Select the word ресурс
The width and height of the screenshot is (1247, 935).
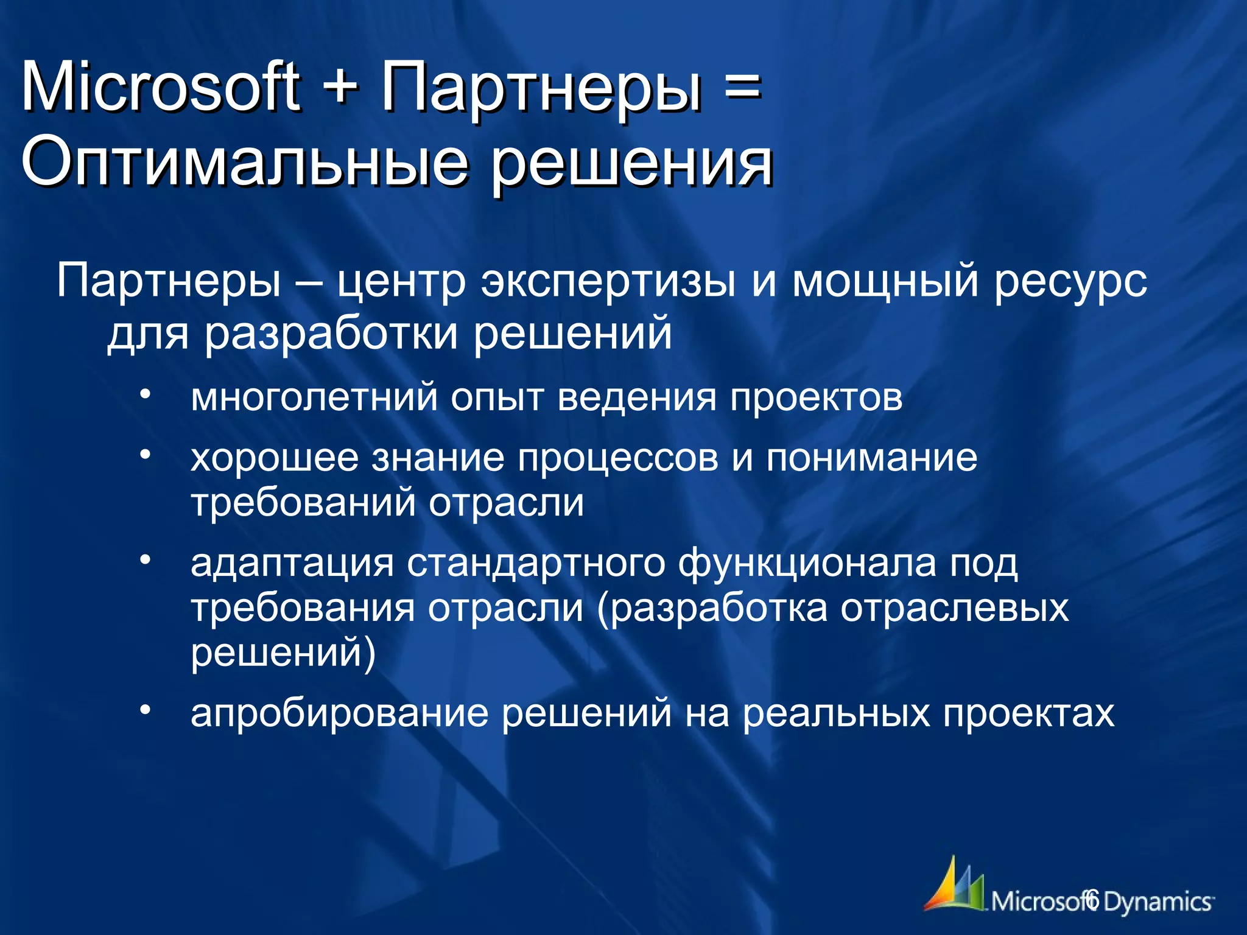coord(1070,284)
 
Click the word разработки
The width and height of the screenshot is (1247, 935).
coord(331,335)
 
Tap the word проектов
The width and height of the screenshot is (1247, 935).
coord(816,399)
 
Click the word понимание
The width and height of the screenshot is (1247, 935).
coord(871,458)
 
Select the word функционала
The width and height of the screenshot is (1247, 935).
coord(807,564)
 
